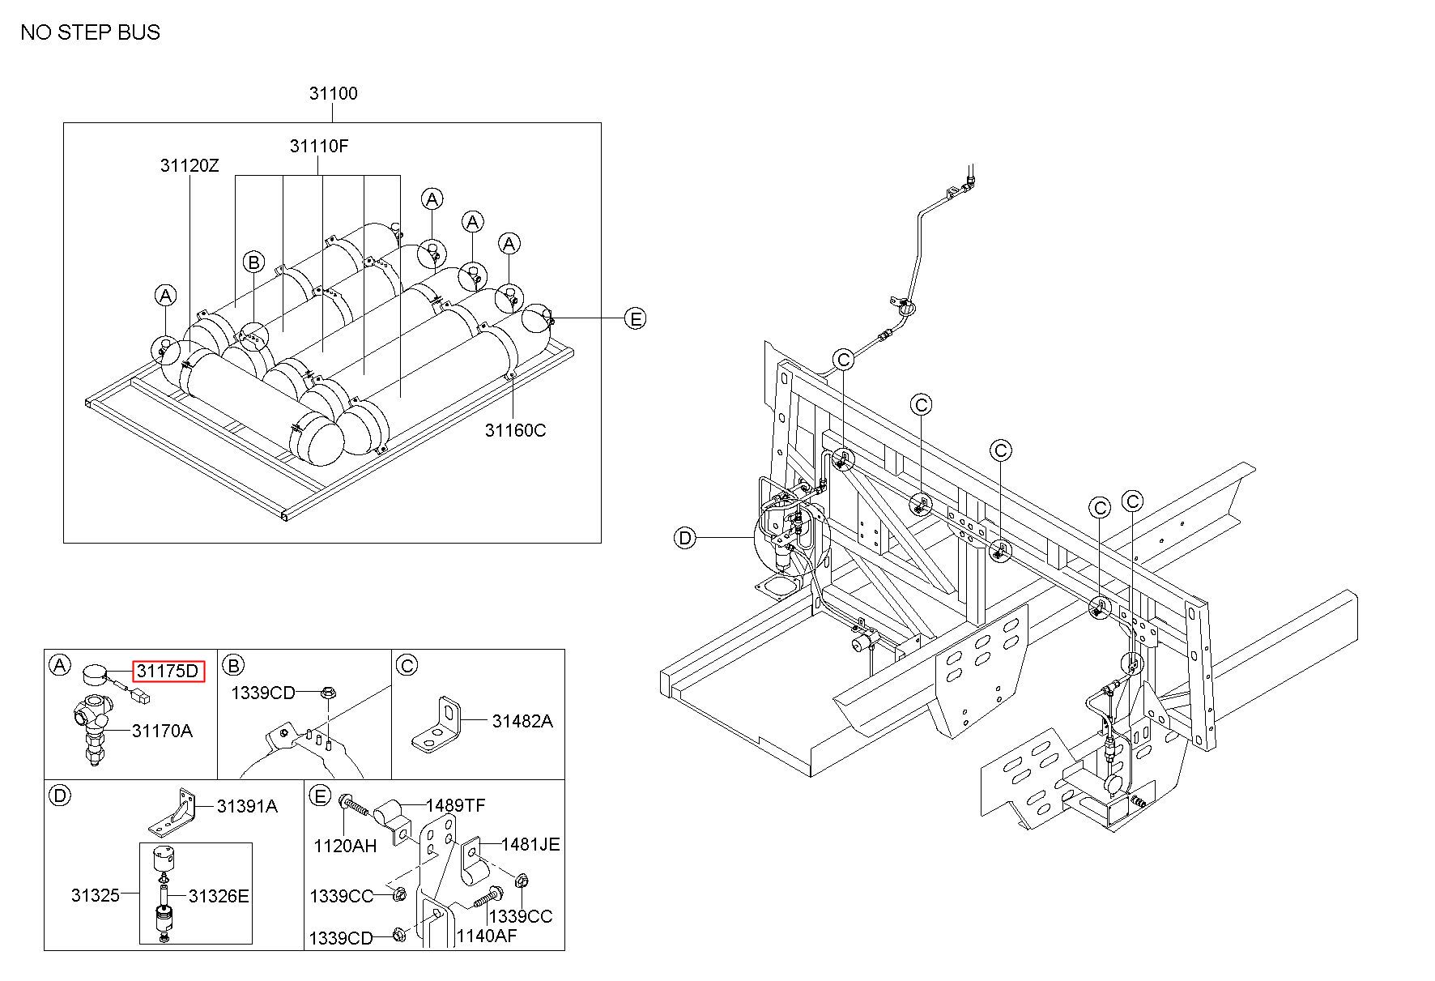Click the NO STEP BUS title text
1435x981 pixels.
[x=91, y=32]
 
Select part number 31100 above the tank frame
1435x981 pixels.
[x=333, y=93]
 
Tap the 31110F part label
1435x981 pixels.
[x=319, y=147]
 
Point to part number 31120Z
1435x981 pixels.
[x=189, y=166]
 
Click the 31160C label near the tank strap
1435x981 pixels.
[x=515, y=430]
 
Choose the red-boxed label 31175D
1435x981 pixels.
[x=168, y=671]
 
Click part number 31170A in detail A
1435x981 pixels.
[x=162, y=731]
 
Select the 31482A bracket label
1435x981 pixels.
[x=522, y=721]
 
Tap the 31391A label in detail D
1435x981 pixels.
[x=247, y=806]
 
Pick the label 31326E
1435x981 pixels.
[x=219, y=895]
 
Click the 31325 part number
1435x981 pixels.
[x=95, y=895]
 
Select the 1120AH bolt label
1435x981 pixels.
[x=345, y=846]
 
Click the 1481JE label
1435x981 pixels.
[x=530, y=844]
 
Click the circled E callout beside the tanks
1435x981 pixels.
[x=637, y=319]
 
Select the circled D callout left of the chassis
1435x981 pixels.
[x=685, y=538]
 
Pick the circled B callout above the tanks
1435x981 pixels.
[x=253, y=262]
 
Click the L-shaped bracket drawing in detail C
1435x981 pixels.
[x=437, y=722]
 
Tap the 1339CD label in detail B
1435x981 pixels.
[x=262, y=693]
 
